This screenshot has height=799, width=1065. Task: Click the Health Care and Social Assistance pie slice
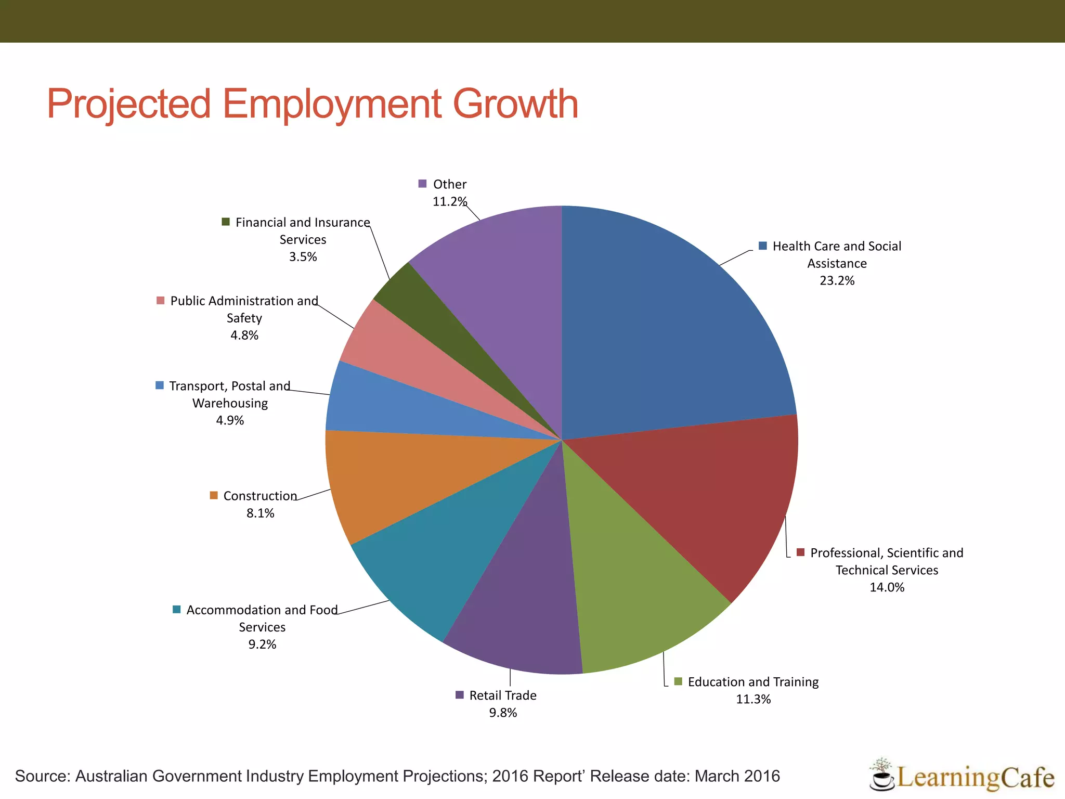point(671,333)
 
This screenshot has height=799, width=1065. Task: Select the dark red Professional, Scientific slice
point(702,499)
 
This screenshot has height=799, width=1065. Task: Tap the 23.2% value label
point(837,281)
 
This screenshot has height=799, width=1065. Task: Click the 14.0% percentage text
point(887,587)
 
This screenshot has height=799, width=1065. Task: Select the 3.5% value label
point(303,257)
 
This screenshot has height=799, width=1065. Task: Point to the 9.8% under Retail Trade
point(503,713)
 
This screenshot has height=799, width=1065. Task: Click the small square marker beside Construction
point(214,495)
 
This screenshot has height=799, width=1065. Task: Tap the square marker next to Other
point(422,184)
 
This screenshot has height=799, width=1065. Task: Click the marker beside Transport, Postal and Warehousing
point(160,385)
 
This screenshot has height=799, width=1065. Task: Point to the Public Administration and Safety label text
point(244,309)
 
